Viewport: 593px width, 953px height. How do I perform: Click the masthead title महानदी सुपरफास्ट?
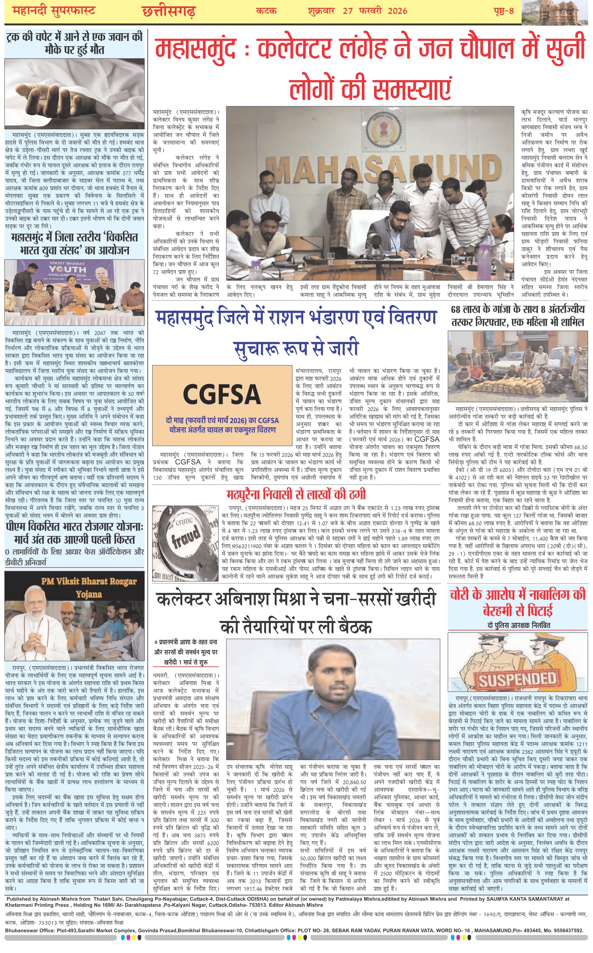click(x=54, y=11)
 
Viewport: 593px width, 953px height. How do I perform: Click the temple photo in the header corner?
click(x=557, y=12)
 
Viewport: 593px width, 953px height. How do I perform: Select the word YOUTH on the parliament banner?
click(x=67, y=270)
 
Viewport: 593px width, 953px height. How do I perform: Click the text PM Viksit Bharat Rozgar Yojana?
click(x=89, y=587)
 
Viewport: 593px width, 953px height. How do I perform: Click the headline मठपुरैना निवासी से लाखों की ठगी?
click(x=296, y=494)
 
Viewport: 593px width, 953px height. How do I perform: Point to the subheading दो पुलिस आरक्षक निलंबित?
click(x=519, y=625)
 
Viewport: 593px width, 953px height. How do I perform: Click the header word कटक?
click(x=266, y=11)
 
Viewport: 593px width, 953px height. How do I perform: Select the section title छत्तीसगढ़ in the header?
click(x=169, y=11)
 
